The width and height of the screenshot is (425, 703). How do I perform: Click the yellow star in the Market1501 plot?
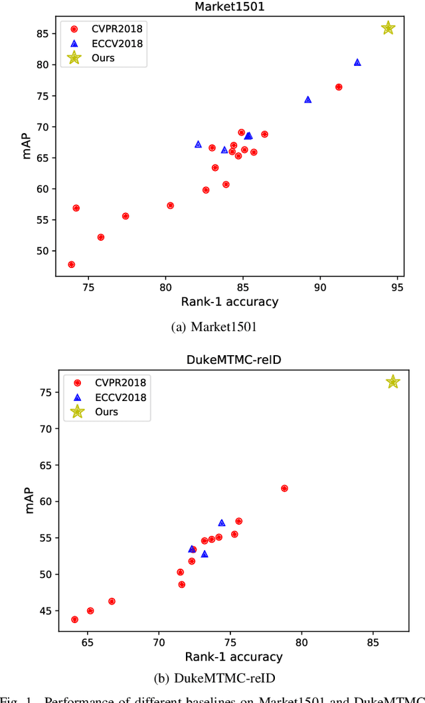[388, 28]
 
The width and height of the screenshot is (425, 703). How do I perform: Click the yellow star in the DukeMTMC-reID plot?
[392, 382]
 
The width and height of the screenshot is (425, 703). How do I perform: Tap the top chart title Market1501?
[229, 7]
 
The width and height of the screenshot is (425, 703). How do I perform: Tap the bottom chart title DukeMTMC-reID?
[230, 360]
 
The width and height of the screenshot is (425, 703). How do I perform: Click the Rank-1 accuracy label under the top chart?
[229, 302]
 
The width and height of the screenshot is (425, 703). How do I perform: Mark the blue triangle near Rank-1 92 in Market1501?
[357, 63]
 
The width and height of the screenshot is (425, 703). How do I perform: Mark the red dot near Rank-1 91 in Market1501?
[339, 87]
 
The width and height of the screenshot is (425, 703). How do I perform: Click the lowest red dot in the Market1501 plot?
[71, 265]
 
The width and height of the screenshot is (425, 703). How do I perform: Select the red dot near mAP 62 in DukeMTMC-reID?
[284, 488]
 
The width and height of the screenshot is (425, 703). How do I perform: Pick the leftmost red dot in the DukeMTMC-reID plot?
[74, 619]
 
